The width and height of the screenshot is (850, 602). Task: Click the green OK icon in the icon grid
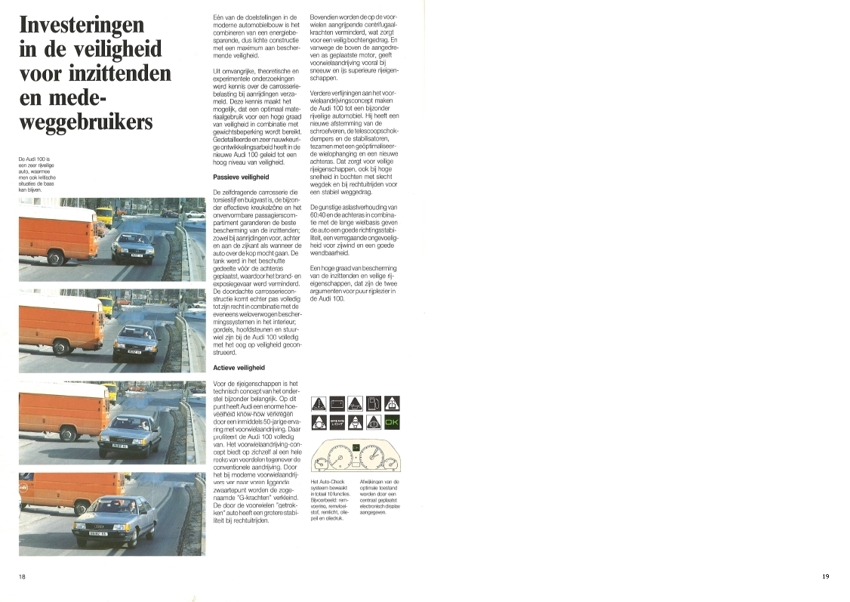392,423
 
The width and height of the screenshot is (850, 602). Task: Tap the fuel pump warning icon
374,404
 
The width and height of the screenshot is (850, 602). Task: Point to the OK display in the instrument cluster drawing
353,448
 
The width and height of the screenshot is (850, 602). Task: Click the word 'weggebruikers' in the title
85,123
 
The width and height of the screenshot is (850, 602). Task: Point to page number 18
23,576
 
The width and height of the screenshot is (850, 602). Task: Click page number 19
825,576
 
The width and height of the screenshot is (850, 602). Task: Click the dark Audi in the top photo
132,245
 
